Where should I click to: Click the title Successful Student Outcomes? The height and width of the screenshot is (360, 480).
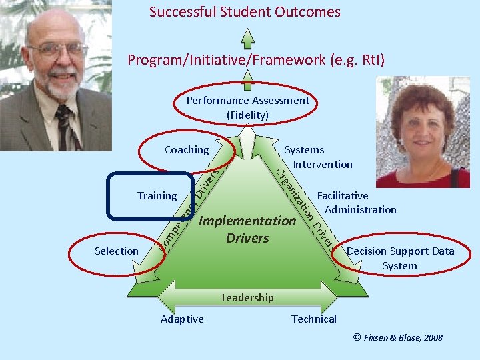click(245, 12)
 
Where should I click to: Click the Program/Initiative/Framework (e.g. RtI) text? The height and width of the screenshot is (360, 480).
click(256, 61)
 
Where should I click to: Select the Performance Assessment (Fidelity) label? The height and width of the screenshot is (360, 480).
click(247, 107)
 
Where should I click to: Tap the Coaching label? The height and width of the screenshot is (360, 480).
click(187, 150)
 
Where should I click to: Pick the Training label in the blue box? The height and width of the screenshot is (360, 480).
click(157, 196)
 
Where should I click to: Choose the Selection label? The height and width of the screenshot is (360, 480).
click(117, 251)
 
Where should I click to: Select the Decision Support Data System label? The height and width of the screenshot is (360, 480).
click(400, 258)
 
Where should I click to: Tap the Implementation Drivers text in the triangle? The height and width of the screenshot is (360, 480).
click(247, 229)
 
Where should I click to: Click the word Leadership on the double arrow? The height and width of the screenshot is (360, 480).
click(247, 297)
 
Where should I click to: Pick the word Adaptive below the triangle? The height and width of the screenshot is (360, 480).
click(182, 319)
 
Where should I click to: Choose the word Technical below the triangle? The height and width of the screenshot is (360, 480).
click(314, 319)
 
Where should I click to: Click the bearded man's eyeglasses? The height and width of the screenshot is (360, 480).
click(57, 49)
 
